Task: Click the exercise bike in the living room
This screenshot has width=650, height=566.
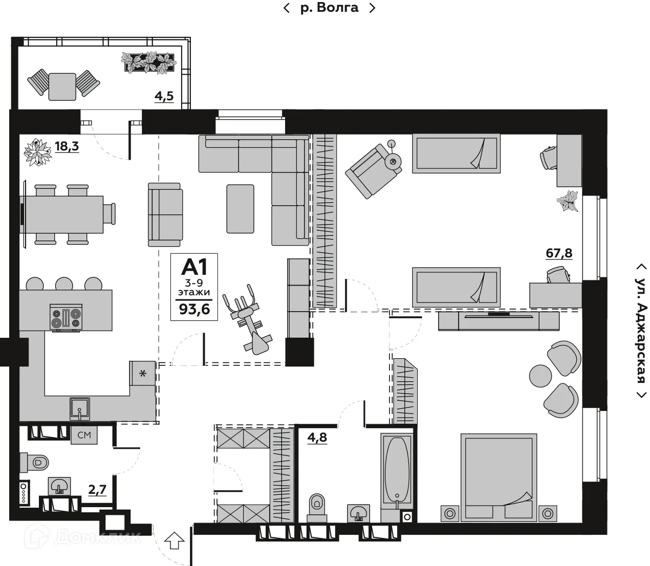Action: pos(249,320)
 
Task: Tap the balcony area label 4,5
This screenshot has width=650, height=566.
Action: pos(164,97)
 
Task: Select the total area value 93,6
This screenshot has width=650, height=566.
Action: pos(194,309)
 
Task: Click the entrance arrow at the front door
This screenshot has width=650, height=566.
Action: pos(175,540)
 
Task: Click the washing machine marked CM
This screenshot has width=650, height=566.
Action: pos(84,435)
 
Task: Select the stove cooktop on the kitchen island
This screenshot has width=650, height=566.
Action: pos(66,317)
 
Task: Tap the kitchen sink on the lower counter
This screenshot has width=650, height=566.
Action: pos(80,409)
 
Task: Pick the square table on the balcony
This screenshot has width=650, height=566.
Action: pos(62,86)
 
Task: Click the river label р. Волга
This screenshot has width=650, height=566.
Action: pos(329,8)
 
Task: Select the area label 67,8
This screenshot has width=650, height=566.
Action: pos(559,253)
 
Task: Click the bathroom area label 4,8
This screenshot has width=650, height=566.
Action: pos(317,438)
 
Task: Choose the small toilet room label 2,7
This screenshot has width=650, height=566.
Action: pos(97,490)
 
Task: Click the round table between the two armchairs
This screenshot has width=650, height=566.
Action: pos(540,375)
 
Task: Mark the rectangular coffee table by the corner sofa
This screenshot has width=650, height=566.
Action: pos(240,209)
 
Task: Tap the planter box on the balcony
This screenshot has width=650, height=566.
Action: pos(149,62)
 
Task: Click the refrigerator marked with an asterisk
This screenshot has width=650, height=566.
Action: pos(143,374)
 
